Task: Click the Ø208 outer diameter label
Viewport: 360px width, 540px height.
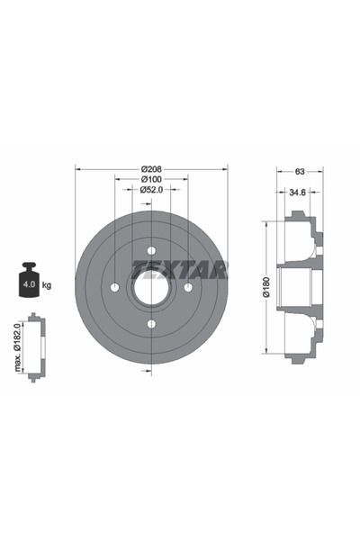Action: pos(151,169)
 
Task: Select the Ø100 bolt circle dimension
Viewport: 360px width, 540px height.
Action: pos(151,179)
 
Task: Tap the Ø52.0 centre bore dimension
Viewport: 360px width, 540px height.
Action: pos(151,189)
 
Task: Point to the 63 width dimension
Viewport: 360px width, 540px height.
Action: pos(300,171)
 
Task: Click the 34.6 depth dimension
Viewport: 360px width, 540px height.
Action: pos(297,193)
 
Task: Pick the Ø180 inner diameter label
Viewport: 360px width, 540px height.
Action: pos(267,286)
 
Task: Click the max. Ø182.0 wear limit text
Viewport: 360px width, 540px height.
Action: pos(18,346)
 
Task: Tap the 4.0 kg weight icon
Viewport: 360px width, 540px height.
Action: pos(29,280)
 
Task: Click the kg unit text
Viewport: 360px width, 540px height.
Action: pos(47,285)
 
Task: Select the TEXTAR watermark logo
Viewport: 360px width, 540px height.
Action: pos(180,269)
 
